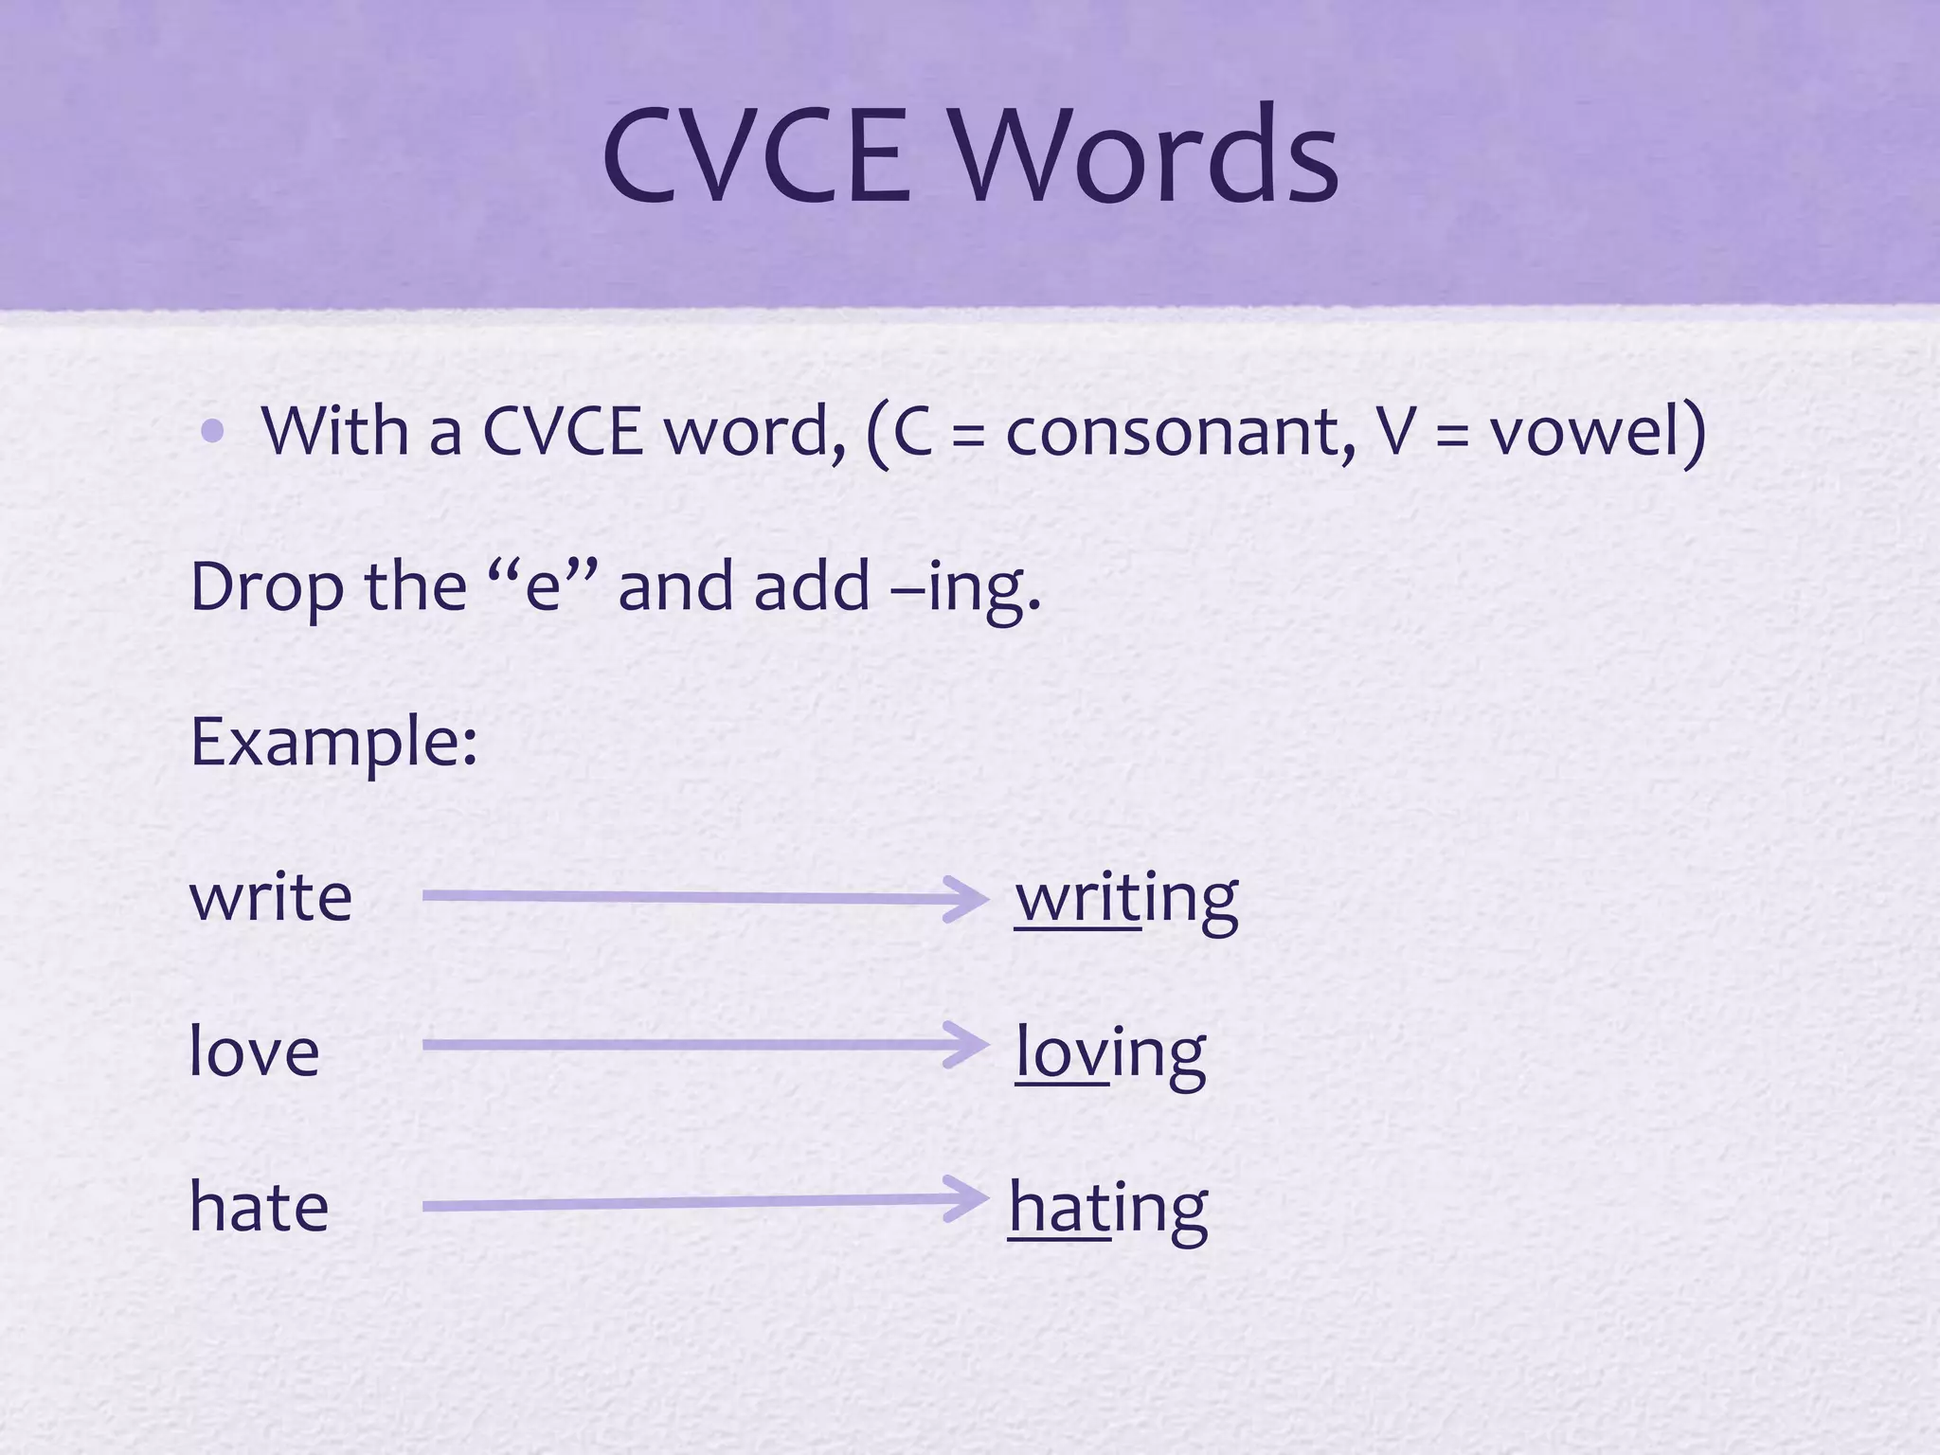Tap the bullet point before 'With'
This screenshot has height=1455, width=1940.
(x=213, y=432)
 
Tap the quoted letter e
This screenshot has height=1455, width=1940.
(x=543, y=587)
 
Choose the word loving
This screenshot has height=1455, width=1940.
(x=1110, y=1053)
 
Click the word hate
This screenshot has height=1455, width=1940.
(x=259, y=1207)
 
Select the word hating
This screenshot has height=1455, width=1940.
(x=1108, y=1209)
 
